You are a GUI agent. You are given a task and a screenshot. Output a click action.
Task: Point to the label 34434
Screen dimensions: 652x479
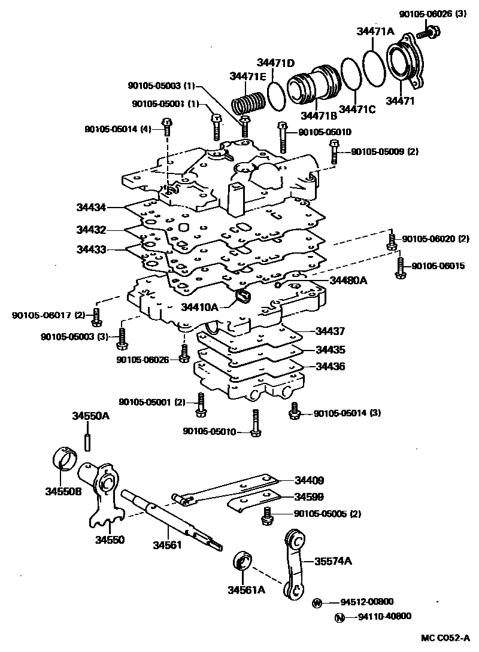pos(91,208)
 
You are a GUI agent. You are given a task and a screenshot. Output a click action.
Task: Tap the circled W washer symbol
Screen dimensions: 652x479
pos(317,603)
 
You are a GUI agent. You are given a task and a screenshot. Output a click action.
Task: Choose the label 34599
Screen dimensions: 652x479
pos(308,496)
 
